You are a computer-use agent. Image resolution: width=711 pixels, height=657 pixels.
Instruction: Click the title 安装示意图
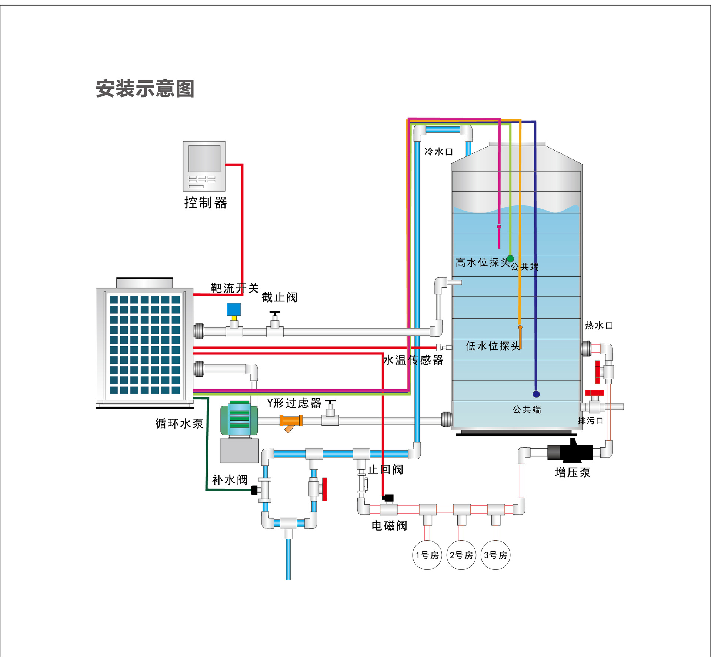point(145,89)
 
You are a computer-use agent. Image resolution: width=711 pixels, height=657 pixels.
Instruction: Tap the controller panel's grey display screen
point(204,158)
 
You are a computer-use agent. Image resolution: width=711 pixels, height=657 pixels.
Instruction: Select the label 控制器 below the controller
point(206,203)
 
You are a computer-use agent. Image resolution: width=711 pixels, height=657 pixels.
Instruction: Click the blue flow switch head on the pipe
point(234,309)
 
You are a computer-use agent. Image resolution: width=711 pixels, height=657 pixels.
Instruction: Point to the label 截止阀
point(279,297)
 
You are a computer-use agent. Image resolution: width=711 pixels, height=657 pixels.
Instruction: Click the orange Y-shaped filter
point(291,422)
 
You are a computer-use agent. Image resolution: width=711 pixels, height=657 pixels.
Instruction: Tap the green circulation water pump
point(239,419)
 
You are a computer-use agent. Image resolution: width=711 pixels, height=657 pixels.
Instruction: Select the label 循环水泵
point(179,423)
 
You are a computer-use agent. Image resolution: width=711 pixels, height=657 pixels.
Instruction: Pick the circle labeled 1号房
point(427,555)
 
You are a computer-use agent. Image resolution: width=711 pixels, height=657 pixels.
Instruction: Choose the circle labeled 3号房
point(495,555)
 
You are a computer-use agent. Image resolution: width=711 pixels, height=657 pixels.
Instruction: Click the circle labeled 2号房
point(461,555)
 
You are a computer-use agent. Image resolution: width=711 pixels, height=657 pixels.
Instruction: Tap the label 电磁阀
point(389,525)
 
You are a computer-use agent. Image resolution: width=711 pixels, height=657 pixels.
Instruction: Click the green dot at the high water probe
point(510,258)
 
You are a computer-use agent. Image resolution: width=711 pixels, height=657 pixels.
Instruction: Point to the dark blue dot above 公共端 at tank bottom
point(536,394)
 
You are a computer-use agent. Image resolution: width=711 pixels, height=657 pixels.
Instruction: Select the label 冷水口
point(439,152)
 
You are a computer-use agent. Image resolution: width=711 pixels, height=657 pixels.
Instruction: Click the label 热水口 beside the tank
point(599,326)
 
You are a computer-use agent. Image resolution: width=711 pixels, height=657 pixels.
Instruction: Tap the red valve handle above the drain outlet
point(594,393)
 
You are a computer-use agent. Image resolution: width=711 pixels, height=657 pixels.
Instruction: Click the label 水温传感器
point(413,360)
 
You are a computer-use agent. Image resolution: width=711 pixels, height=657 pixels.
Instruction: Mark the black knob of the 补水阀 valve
point(254,490)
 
